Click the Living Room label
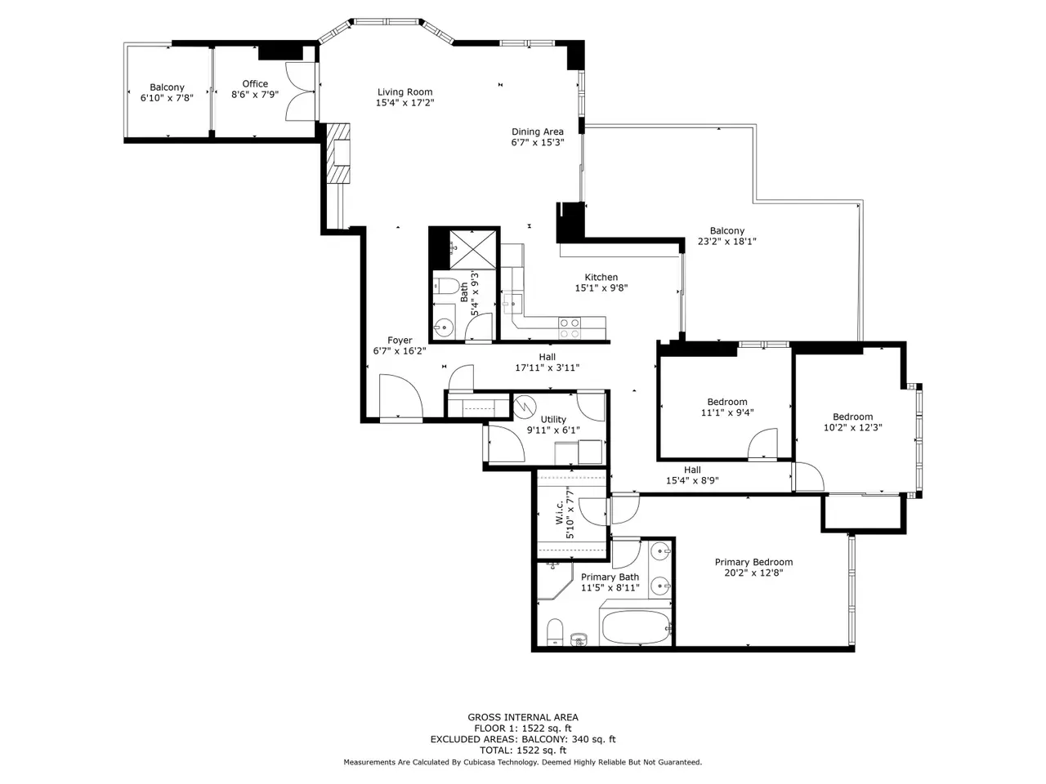(405, 91)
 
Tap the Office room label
(255, 84)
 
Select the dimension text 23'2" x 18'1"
(726, 242)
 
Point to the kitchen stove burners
(570, 327)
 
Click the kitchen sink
(512, 303)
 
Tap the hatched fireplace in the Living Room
(338, 154)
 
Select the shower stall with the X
(474, 249)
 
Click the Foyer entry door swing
(400, 398)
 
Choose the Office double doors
(299, 91)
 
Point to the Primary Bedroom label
(753, 562)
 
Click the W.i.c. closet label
(560, 512)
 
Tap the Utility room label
(552, 420)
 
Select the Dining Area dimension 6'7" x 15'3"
(538, 142)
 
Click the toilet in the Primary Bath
(554, 631)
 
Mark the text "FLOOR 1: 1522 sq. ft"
(523, 728)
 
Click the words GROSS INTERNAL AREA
(523, 717)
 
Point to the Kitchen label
(601, 277)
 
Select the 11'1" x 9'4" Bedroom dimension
(727, 412)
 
